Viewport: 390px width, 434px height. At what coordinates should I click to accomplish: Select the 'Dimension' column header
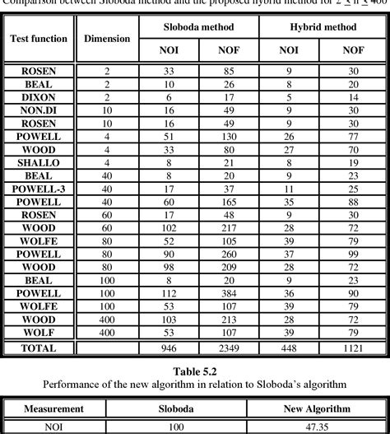click(x=107, y=39)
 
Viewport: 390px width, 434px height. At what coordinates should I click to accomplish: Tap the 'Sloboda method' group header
click(x=197, y=27)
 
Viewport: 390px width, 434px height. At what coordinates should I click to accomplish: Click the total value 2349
click(x=229, y=348)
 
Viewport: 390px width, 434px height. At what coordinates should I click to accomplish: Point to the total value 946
click(x=168, y=348)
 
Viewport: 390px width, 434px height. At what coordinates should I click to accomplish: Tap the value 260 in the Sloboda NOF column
click(x=229, y=254)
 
